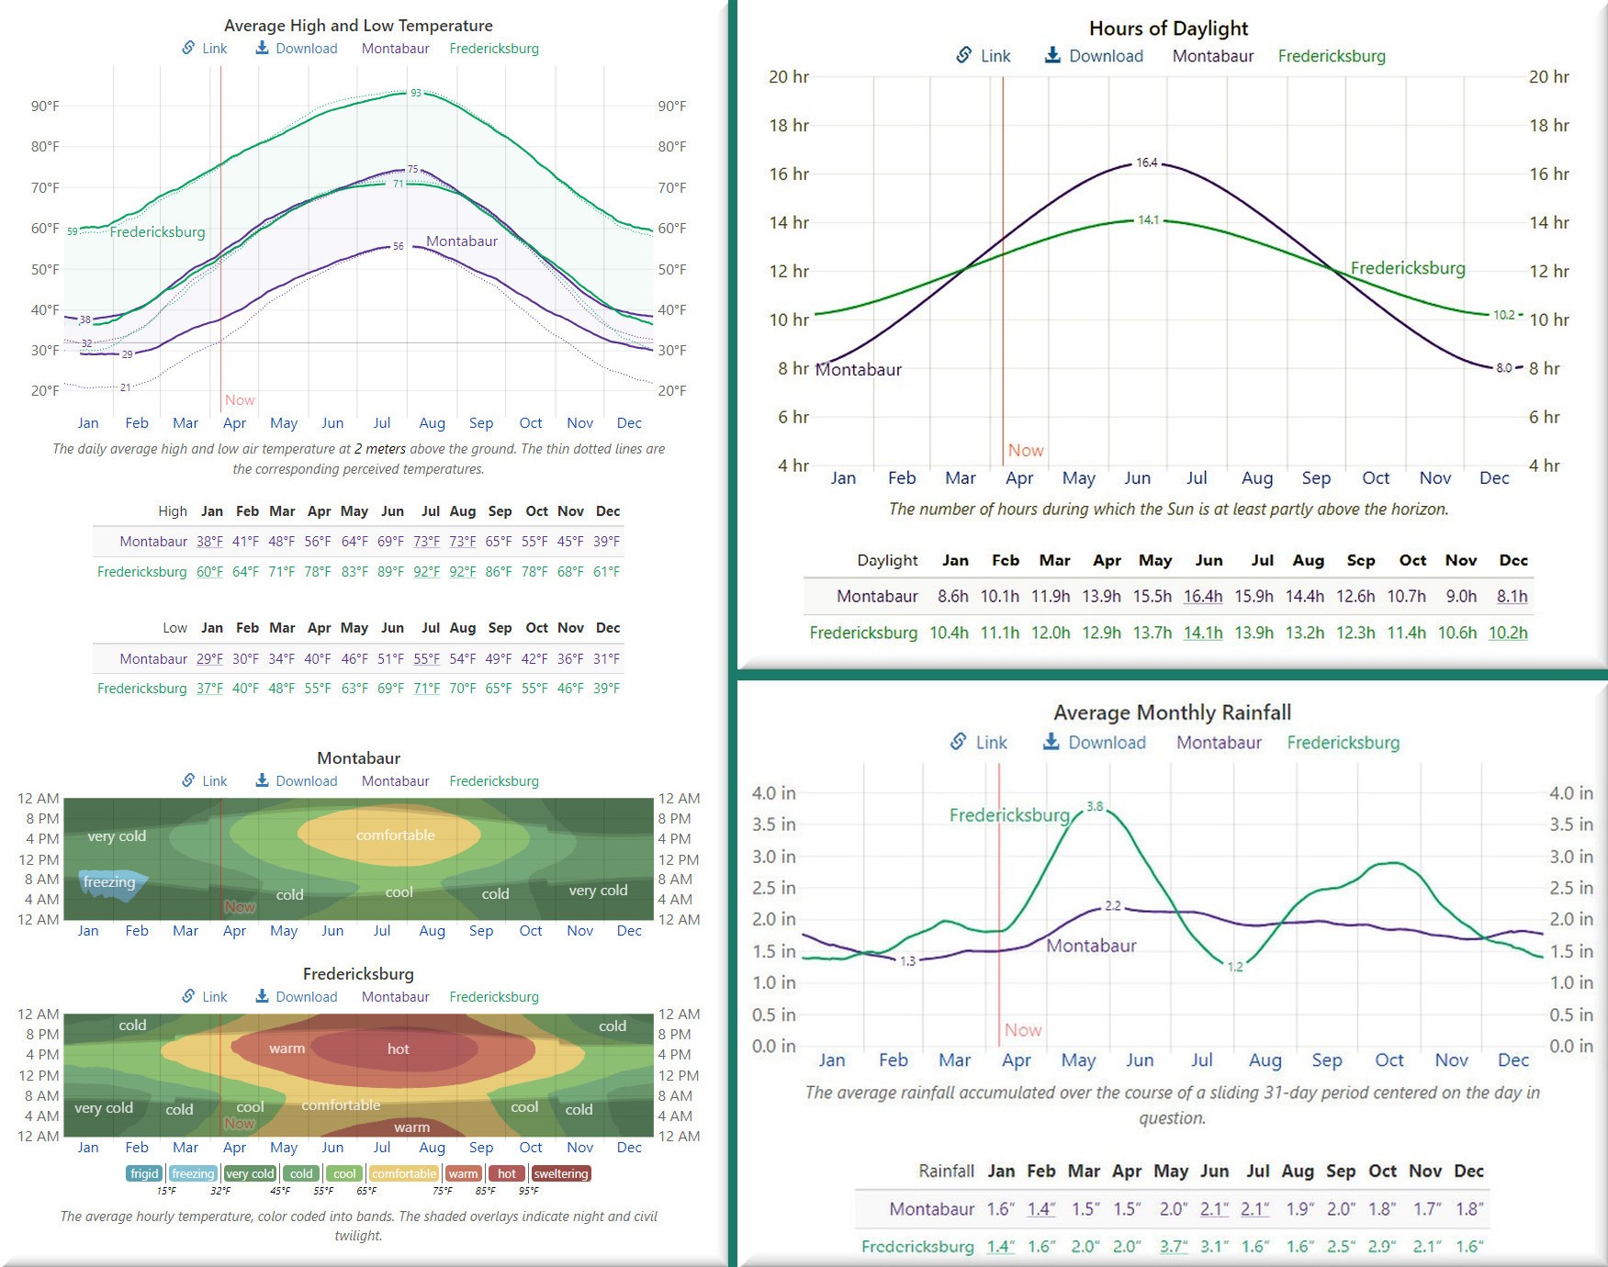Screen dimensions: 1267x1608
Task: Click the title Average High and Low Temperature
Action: coord(358,26)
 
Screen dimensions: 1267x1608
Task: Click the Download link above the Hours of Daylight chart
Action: coord(1094,56)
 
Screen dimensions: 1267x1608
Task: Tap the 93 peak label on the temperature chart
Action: coord(416,93)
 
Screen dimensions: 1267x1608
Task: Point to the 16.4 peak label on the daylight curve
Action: coord(1147,163)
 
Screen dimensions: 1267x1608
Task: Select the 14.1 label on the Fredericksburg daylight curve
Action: coord(1148,220)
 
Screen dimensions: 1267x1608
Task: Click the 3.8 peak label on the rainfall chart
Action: coord(1095,807)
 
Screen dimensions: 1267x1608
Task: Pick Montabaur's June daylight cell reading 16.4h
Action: coord(1202,597)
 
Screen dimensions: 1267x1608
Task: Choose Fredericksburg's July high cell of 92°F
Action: coord(427,572)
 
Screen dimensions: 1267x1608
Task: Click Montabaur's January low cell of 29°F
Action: coord(209,659)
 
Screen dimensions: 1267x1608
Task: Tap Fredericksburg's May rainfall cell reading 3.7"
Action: coord(1173,1247)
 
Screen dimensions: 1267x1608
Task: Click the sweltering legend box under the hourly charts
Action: coord(560,1174)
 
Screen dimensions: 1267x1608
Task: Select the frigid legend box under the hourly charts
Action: coord(144,1174)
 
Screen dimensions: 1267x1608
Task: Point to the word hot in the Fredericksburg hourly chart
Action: coord(399,1049)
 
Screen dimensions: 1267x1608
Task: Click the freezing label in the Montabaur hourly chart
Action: coord(109,882)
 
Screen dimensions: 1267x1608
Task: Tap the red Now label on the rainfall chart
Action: coord(1023,1030)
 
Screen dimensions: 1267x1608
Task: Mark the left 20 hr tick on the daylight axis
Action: coord(789,77)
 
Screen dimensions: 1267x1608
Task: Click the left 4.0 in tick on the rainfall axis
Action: coord(773,793)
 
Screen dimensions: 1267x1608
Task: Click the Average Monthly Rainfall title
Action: coord(1172,713)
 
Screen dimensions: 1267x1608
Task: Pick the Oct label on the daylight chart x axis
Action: coord(1376,478)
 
